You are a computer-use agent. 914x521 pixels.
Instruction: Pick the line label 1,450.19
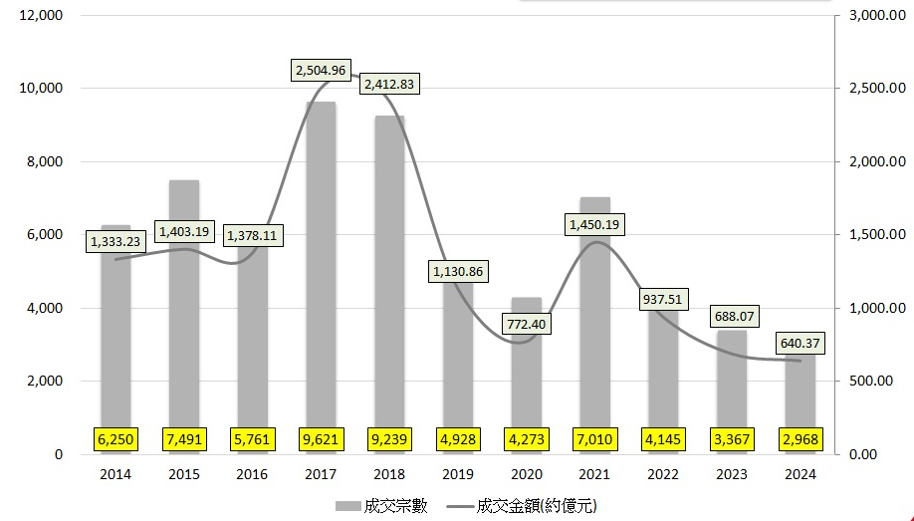coord(593,224)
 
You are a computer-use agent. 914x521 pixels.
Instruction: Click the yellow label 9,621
coord(321,437)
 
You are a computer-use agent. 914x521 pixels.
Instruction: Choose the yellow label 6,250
coord(115,437)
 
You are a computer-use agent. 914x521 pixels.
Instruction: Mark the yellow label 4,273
coord(526,437)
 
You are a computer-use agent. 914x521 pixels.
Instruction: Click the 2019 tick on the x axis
coord(458,474)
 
